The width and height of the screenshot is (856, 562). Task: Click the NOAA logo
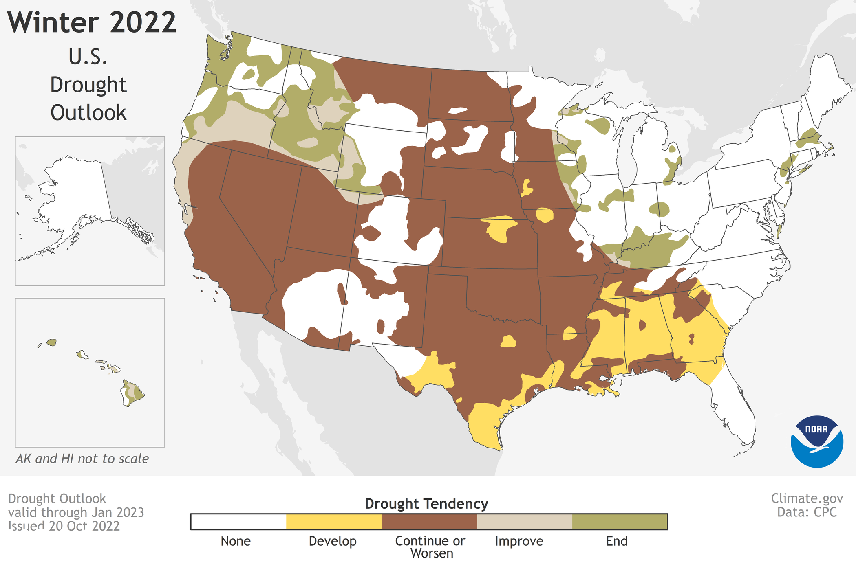816,441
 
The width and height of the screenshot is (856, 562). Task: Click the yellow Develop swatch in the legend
333,522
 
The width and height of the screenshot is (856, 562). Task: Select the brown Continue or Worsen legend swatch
429,522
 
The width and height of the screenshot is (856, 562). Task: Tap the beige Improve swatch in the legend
524,522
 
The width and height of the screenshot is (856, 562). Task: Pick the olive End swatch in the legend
620,522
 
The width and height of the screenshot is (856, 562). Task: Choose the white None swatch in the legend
238,522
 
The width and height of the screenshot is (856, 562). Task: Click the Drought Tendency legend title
426,504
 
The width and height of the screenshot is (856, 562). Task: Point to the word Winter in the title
53,22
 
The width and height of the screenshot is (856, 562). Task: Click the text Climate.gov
807,498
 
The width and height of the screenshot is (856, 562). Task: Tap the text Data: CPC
807,512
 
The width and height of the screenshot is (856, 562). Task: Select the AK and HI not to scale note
82,459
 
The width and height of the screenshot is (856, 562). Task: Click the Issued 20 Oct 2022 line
64,526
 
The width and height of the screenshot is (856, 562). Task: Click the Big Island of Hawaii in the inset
132,393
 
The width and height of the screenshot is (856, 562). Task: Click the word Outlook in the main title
88,113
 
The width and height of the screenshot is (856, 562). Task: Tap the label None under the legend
236,541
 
